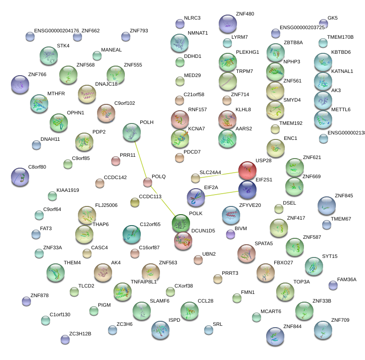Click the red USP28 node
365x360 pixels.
pos(247,170)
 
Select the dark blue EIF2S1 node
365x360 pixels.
pos(247,190)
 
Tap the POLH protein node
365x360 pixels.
pos(132,132)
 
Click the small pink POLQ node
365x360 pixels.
pos(147,183)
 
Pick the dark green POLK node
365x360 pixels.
pos(181,223)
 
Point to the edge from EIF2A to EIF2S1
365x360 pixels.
pos(221,194)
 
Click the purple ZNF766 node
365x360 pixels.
pos(20,84)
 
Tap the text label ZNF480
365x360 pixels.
pos(245,14)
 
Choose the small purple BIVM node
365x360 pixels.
pos(231,234)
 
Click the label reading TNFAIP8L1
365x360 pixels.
pos(144,282)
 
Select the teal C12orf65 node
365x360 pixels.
pos(132,234)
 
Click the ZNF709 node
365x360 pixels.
pos(323,330)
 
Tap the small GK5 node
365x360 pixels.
pos(324,23)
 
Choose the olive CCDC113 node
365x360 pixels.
pos(134,202)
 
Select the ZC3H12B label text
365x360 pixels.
pos(80,334)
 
